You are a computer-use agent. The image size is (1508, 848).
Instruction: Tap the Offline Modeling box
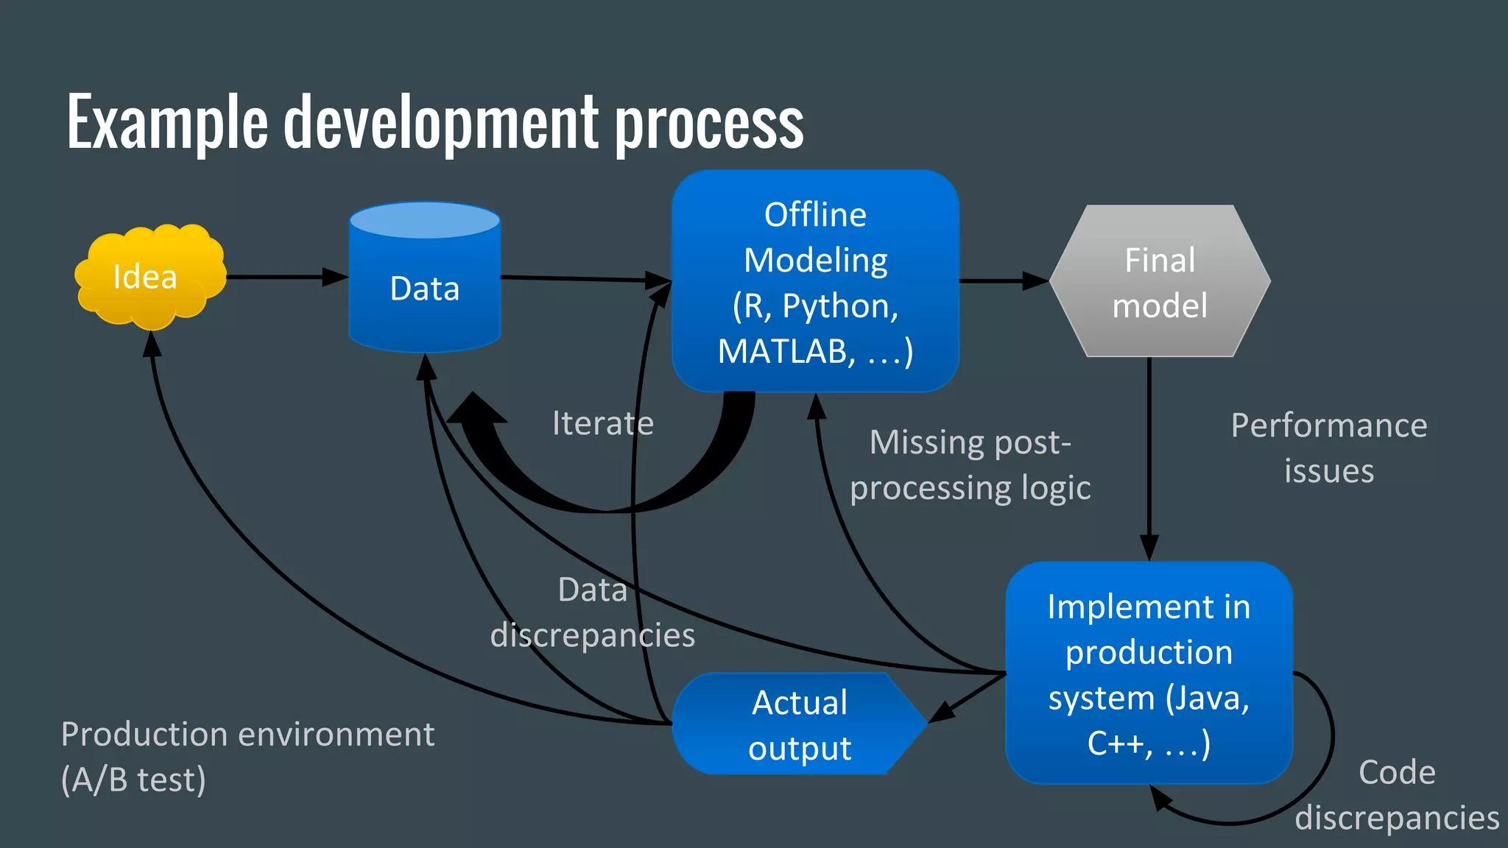pos(815,281)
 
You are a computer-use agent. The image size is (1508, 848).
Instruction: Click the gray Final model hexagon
pos(1160,282)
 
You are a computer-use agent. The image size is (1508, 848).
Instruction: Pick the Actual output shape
pos(799,724)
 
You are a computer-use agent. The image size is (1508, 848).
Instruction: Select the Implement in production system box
pos(1149,674)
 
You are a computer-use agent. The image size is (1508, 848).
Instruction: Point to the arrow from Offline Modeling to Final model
pos(1001,280)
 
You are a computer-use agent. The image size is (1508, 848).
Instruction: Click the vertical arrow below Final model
pos(1149,456)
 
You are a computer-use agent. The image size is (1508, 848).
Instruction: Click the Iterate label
pos(602,423)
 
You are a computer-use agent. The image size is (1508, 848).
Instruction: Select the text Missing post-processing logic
pos(970,465)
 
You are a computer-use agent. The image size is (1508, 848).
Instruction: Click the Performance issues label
pos(1329,448)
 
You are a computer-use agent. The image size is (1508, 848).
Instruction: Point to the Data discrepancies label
pos(593,612)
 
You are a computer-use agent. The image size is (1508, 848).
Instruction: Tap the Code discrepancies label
pos(1397,795)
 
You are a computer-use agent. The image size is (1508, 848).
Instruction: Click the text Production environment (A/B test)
pos(247,757)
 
